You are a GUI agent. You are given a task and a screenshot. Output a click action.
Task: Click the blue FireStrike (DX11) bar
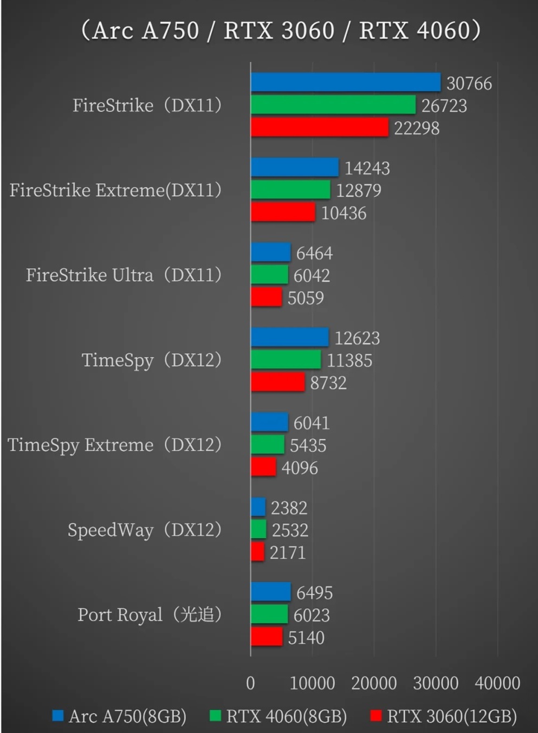pyautogui.click(x=345, y=82)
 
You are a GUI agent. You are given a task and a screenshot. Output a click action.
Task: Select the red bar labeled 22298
pyautogui.click(x=319, y=128)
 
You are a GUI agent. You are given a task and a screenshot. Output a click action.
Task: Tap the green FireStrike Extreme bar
pyautogui.click(x=290, y=190)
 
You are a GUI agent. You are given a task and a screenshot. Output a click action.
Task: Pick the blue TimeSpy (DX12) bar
pyautogui.click(x=289, y=338)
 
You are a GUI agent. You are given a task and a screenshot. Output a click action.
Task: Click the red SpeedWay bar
pyautogui.click(x=257, y=552)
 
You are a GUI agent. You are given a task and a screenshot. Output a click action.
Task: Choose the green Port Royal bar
pyautogui.click(x=269, y=614)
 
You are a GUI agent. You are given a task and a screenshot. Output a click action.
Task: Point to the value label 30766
pyautogui.click(x=469, y=83)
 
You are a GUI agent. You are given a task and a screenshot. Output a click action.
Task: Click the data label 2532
pyautogui.click(x=289, y=530)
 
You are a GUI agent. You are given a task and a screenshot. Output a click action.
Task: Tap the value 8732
pyautogui.click(x=328, y=383)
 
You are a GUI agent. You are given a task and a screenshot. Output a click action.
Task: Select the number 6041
pyautogui.click(x=311, y=423)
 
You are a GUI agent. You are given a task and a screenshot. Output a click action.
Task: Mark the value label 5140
pyautogui.click(x=306, y=638)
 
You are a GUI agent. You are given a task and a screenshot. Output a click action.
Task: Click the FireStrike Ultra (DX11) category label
pyautogui.click(x=124, y=275)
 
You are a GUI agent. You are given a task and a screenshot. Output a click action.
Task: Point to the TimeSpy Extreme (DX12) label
pyautogui.click(x=114, y=445)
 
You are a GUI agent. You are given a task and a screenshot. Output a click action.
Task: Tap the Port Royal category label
pyautogui.click(x=150, y=615)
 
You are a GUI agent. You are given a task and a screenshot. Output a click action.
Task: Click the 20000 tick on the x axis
pyautogui.click(x=374, y=683)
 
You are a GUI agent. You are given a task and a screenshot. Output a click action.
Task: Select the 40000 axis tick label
pyautogui.click(x=497, y=683)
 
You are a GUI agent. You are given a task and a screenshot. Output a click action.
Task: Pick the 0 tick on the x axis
pyautogui.click(x=250, y=683)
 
